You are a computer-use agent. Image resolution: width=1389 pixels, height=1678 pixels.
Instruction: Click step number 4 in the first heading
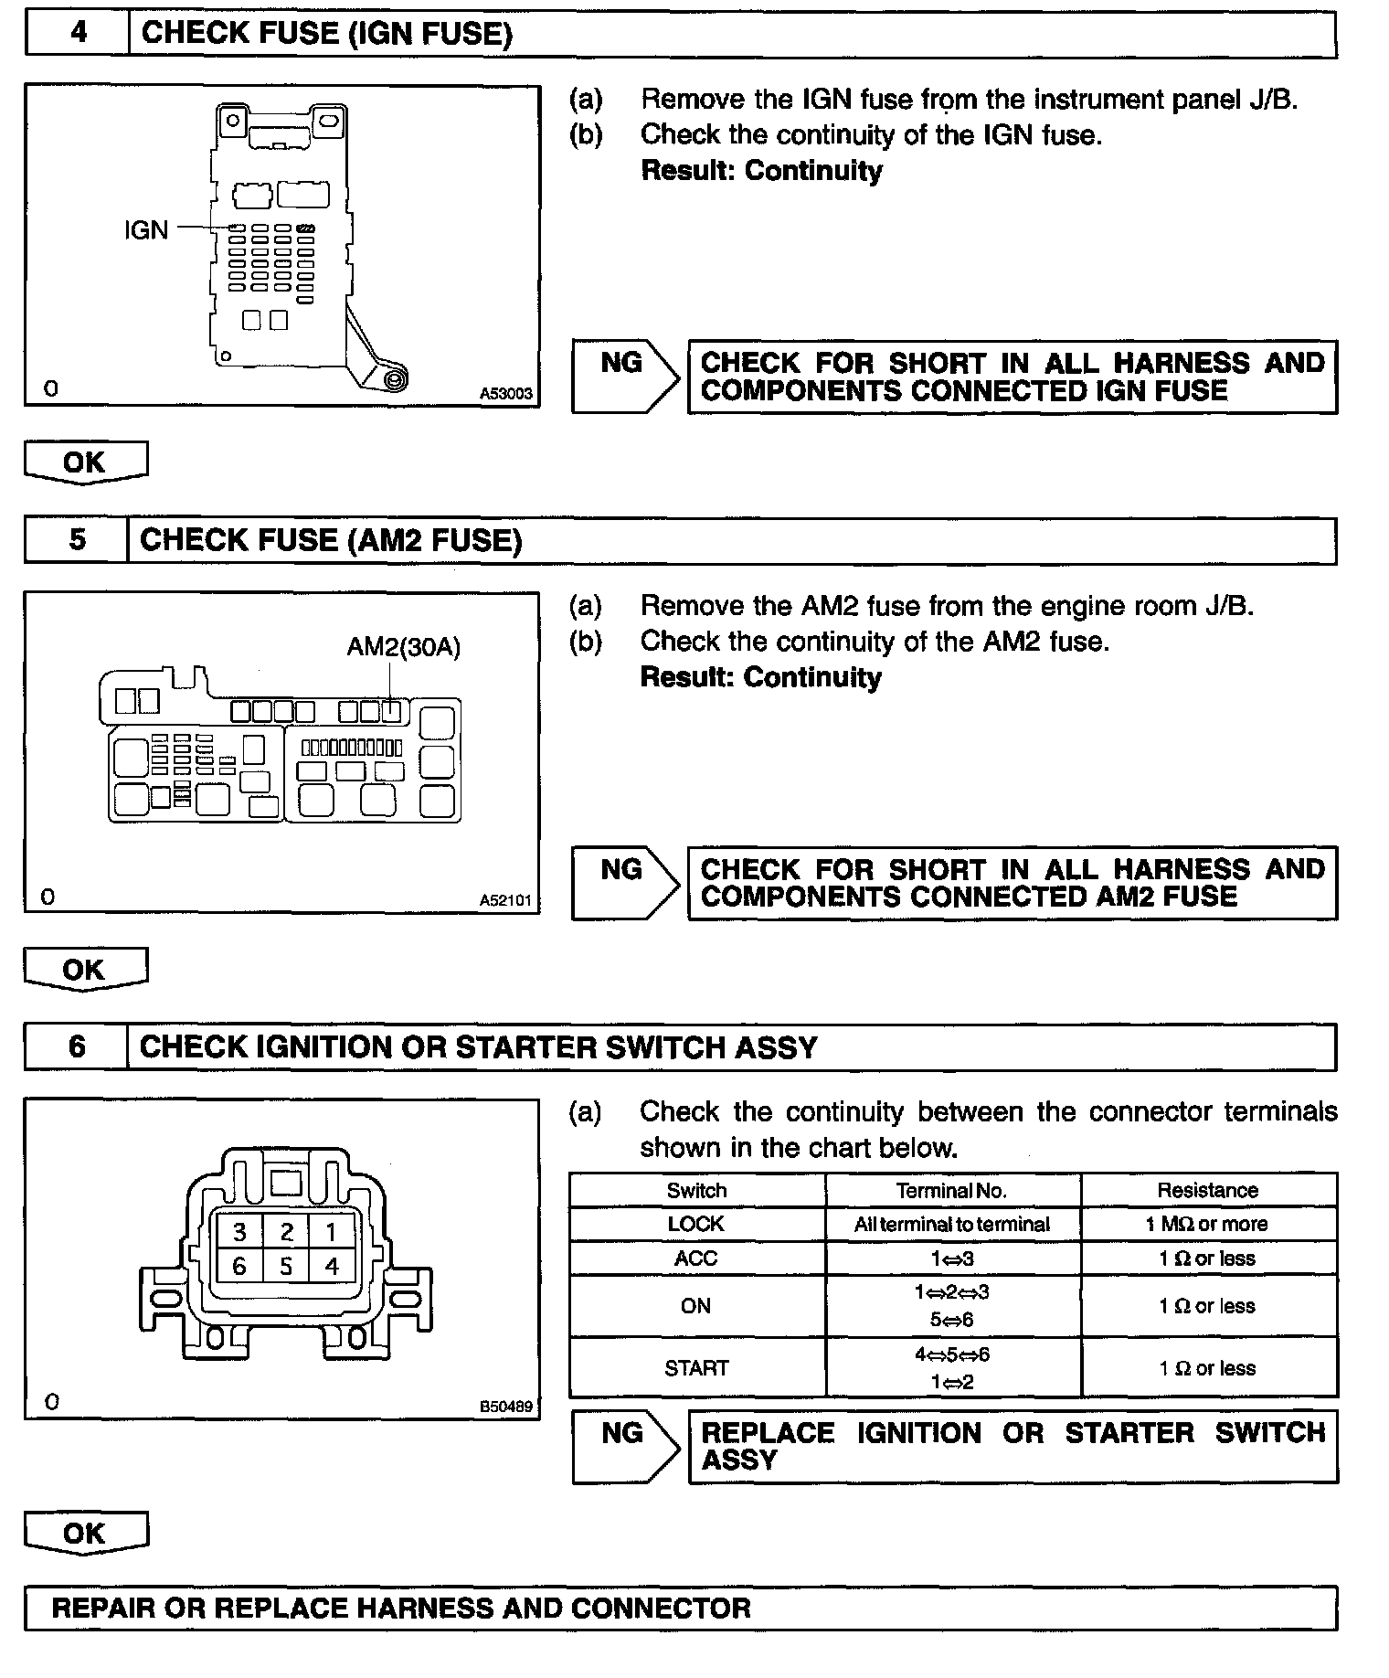(x=79, y=33)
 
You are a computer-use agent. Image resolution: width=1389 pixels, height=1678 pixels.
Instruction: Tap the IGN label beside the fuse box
(x=146, y=229)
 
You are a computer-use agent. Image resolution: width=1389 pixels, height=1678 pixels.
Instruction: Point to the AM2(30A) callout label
(x=403, y=647)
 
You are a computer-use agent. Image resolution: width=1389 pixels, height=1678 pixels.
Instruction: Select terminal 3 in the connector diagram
(x=239, y=1232)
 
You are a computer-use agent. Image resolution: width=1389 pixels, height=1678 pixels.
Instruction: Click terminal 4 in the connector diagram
(x=332, y=1266)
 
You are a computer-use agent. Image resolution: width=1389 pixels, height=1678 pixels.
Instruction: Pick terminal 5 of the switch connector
(x=286, y=1266)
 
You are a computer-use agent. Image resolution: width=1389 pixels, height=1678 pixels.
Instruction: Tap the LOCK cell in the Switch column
(x=696, y=1224)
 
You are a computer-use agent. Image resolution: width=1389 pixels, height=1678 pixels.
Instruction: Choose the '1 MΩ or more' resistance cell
(x=1207, y=1224)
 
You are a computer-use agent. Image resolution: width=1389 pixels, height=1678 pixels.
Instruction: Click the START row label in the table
(x=696, y=1368)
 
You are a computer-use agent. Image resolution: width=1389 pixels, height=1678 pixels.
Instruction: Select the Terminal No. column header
(x=951, y=1190)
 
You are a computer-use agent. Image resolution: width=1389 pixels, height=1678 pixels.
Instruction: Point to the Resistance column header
(x=1207, y=1190)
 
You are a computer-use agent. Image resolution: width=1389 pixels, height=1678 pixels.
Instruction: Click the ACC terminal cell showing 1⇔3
(x=951, y=1258)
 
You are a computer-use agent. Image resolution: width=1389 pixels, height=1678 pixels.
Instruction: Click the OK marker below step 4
(x=85, y=462)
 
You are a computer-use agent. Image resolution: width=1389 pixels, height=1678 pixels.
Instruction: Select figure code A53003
(x=506, y=395)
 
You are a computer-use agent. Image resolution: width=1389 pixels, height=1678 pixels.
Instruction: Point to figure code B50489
(x=506, y=1407)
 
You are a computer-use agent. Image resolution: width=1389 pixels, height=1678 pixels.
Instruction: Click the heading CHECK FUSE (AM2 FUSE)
(x=331, y=540)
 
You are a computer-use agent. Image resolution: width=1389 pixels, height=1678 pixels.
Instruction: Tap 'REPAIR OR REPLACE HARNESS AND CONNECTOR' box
(x=402, y=1608)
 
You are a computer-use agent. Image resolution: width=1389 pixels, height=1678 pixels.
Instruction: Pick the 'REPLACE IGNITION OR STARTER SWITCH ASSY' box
(x=1012, y=1446)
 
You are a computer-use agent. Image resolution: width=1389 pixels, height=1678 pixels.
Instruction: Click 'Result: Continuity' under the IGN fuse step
(x=761, y=171)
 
